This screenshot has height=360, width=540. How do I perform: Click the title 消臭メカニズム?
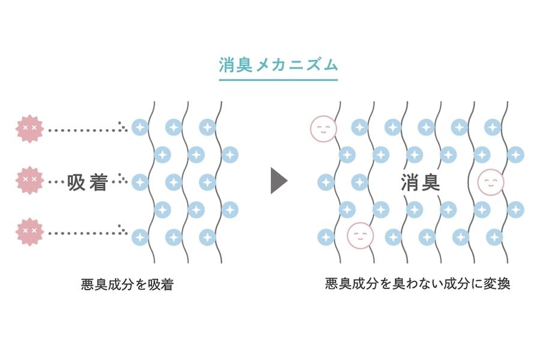point(278,64)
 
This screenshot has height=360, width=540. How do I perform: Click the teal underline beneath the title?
point(278,79)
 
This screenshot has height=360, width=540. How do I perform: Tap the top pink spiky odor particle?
point(29,128)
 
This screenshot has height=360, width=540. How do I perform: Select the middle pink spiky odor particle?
point(29,180)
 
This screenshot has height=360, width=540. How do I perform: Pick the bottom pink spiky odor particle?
point(29,232)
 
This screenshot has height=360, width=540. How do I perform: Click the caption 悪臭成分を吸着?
point(127,284)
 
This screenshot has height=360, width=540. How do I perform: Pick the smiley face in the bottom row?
point(360,235)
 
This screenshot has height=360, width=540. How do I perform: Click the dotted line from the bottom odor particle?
point(84,233)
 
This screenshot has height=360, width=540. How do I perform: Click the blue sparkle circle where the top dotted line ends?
point(139,128)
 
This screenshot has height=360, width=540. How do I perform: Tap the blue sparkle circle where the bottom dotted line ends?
point(139,236)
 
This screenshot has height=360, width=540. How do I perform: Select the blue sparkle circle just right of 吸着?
point(139,181)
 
